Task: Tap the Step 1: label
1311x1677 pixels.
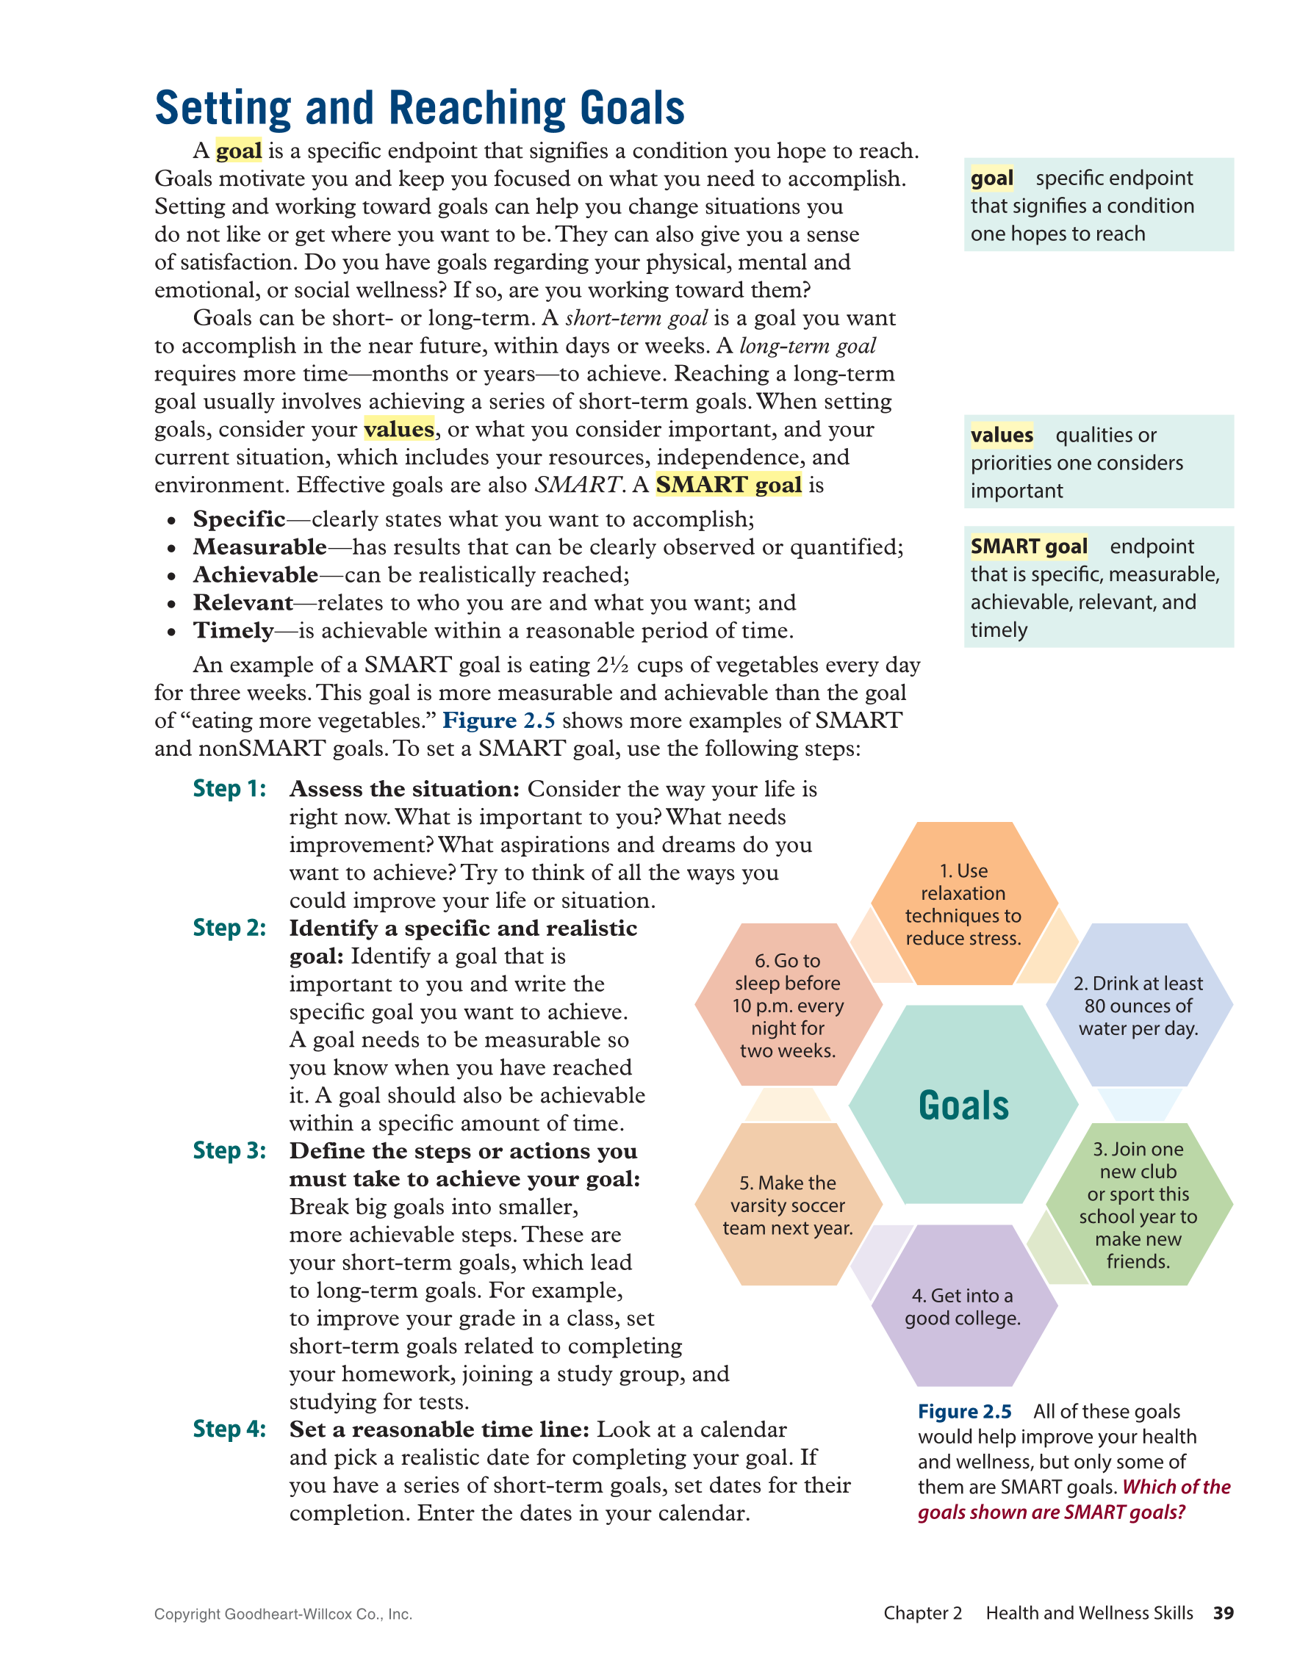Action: [229, 789]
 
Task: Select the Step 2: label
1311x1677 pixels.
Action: [229, 928]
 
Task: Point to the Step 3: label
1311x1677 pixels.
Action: [229, 1150]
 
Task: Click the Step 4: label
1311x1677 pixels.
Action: [229, 1429]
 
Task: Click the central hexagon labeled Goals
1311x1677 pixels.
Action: [963, 1106]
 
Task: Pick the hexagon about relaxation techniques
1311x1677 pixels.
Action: [963, 904]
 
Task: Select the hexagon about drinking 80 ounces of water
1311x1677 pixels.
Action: [1138, 1005]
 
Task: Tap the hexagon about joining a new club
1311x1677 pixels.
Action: [1138, 1205]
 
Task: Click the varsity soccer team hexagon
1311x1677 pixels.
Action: [787, 1205]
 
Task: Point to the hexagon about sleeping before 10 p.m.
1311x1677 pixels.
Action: [787, 1005]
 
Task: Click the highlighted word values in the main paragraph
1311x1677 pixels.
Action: [398, 429]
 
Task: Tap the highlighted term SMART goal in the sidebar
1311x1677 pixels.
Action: [1028, 546]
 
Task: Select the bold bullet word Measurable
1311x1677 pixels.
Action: [259, 547]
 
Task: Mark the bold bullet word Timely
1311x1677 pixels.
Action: [233, 630]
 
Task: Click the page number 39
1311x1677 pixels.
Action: [1223, 1612]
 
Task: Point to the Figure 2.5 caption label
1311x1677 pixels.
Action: [965, 1411]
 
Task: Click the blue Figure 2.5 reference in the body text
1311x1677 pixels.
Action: [498, 721]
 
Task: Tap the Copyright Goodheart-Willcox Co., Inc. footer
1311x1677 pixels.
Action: [283, 1614]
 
